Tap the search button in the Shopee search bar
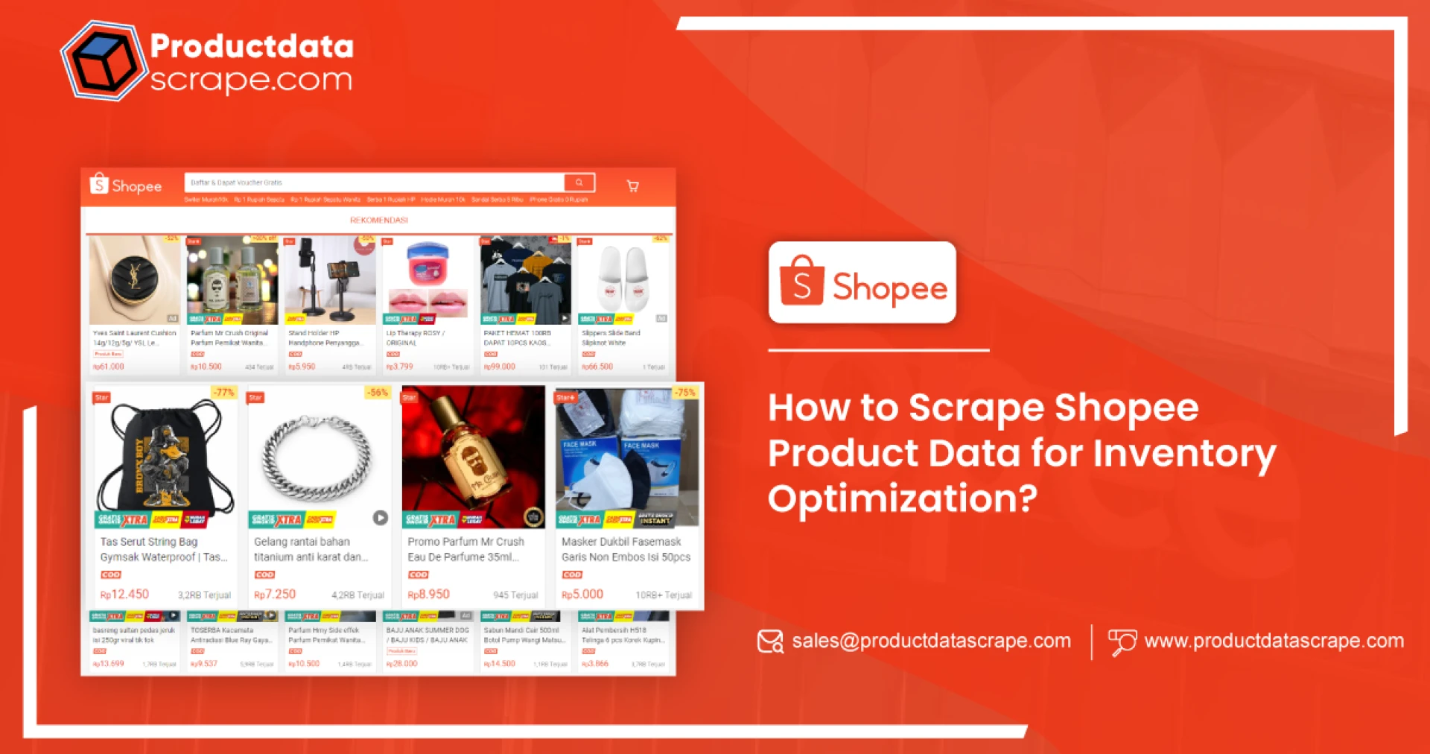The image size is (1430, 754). point(579,183)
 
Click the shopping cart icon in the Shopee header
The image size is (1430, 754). point(632,186)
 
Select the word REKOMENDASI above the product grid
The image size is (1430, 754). point(378,221)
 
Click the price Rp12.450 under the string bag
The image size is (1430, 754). point(125,595)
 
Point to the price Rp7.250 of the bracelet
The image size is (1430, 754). point(275,595)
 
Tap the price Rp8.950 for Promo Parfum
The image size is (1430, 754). point(429,595)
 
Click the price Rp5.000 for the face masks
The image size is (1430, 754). point(582,595)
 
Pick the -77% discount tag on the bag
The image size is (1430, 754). point(223,393)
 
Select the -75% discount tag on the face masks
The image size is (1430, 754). point(684,393)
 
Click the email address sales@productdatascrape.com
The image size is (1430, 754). point(931,641)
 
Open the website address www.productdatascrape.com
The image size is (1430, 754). point(1274,641)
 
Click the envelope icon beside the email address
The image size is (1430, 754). point(770,641)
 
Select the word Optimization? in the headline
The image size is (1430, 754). point(902,498)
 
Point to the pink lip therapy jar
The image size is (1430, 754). point(428,264)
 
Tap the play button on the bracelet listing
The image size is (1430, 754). point(380,518)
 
